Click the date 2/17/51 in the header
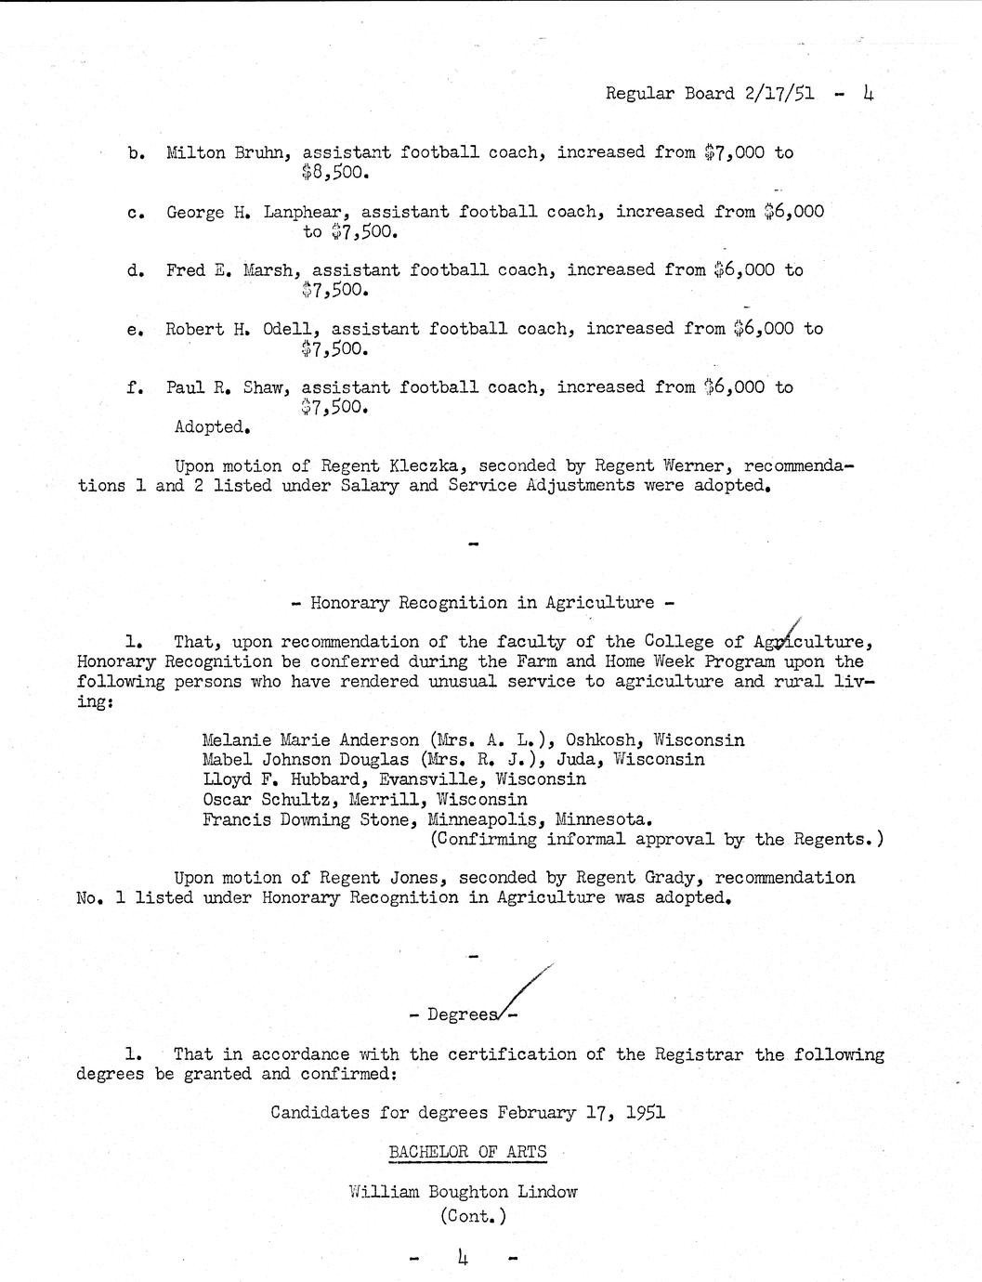point(779,94)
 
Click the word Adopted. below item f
point(213,427)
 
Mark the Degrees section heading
point(463,1014)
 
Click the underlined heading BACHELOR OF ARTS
point(467,1153)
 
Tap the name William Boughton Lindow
point(463,1192)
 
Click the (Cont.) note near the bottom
point(473,1216)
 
